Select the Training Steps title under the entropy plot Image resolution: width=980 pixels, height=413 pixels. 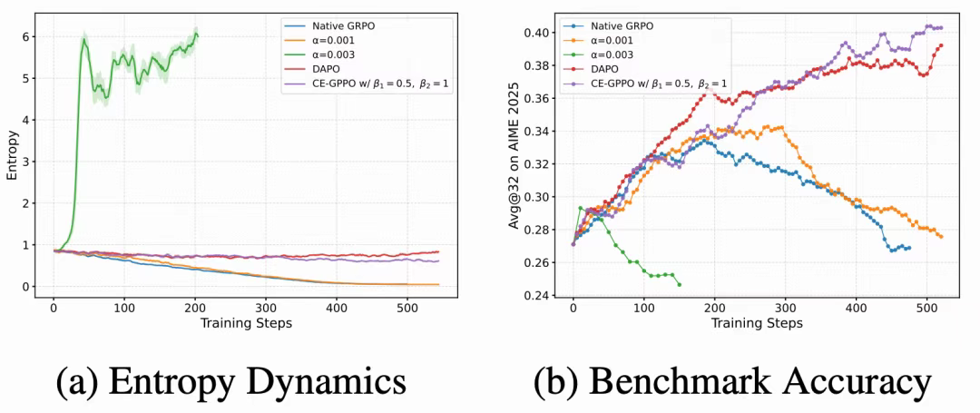click(245, 324)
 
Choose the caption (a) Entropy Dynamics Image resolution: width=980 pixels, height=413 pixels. click(231, 381)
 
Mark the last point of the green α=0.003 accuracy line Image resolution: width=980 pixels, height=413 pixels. click(679, 285)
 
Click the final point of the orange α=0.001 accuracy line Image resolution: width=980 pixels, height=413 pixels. click(941, 237)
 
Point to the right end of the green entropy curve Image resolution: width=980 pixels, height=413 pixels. click(197, 35)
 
